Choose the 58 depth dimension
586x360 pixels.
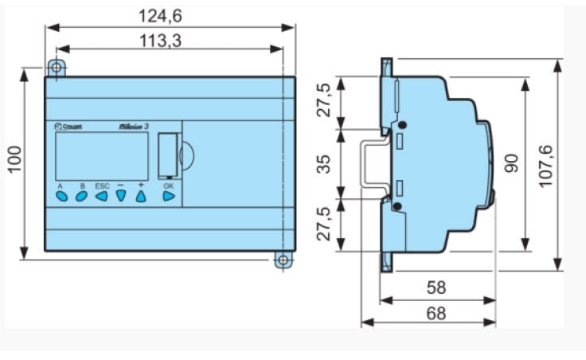tap(436, 288)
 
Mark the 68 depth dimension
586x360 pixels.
tap(436, 313)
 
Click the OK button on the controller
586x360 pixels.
tap(168, 194)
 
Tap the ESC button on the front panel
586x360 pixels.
tap(101, 194)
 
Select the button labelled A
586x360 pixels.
tap(61, 194)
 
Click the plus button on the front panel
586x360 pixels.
tap(141, 194)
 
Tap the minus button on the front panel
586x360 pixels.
tap(121, 194)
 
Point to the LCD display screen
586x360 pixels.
tap(101, 155)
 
